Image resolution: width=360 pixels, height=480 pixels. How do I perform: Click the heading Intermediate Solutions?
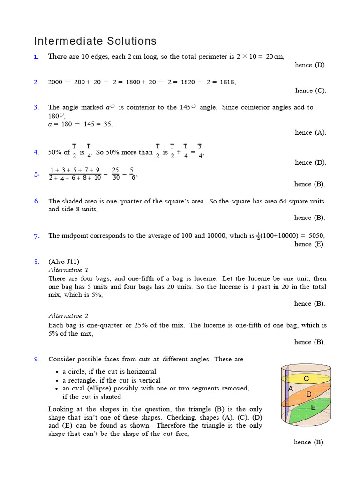click(x=95, y=41)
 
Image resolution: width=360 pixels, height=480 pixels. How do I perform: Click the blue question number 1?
click(x=36, y=57)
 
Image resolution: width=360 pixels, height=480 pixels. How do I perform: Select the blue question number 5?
click(x=37, y=175)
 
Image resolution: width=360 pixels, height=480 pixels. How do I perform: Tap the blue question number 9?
click(x=36, y=360)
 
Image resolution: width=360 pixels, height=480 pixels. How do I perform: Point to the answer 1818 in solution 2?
click(x=227, y=82)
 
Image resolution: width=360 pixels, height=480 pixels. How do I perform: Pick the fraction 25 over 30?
click(x=115, y=174)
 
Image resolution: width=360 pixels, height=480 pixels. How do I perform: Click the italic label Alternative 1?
click(x=68, y=270)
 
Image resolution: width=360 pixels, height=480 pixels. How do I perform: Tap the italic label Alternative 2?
click(x=68, y=316)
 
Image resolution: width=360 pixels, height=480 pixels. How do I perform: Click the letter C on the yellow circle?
click(x=306, y=378)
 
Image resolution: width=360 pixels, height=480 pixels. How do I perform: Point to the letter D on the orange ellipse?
click(x=309, y=394)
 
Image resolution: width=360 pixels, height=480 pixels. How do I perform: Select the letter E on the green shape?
click(x=313, y=408)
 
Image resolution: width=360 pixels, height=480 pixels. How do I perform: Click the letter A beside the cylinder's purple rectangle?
click(x=291, y=389)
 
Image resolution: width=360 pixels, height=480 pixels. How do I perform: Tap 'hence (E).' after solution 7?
click(x=309, y=244)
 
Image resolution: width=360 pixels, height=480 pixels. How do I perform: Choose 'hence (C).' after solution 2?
click(x=310, y=90)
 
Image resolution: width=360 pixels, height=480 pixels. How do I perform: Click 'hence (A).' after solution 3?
click(x=310, y=133)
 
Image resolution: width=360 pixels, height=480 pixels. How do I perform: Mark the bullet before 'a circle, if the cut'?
click(x=57, y=372)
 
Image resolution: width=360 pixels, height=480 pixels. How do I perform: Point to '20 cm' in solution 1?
click(x=275, y=57)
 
